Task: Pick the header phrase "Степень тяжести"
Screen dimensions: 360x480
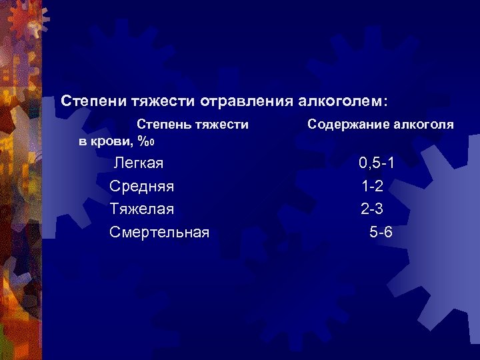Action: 193,124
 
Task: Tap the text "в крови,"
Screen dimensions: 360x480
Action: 107,141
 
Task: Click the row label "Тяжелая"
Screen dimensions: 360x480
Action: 142,209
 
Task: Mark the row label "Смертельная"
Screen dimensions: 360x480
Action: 159,232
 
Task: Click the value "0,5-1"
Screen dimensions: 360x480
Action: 381,163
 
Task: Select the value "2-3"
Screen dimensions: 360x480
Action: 372,209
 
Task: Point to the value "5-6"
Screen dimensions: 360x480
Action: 381,232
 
